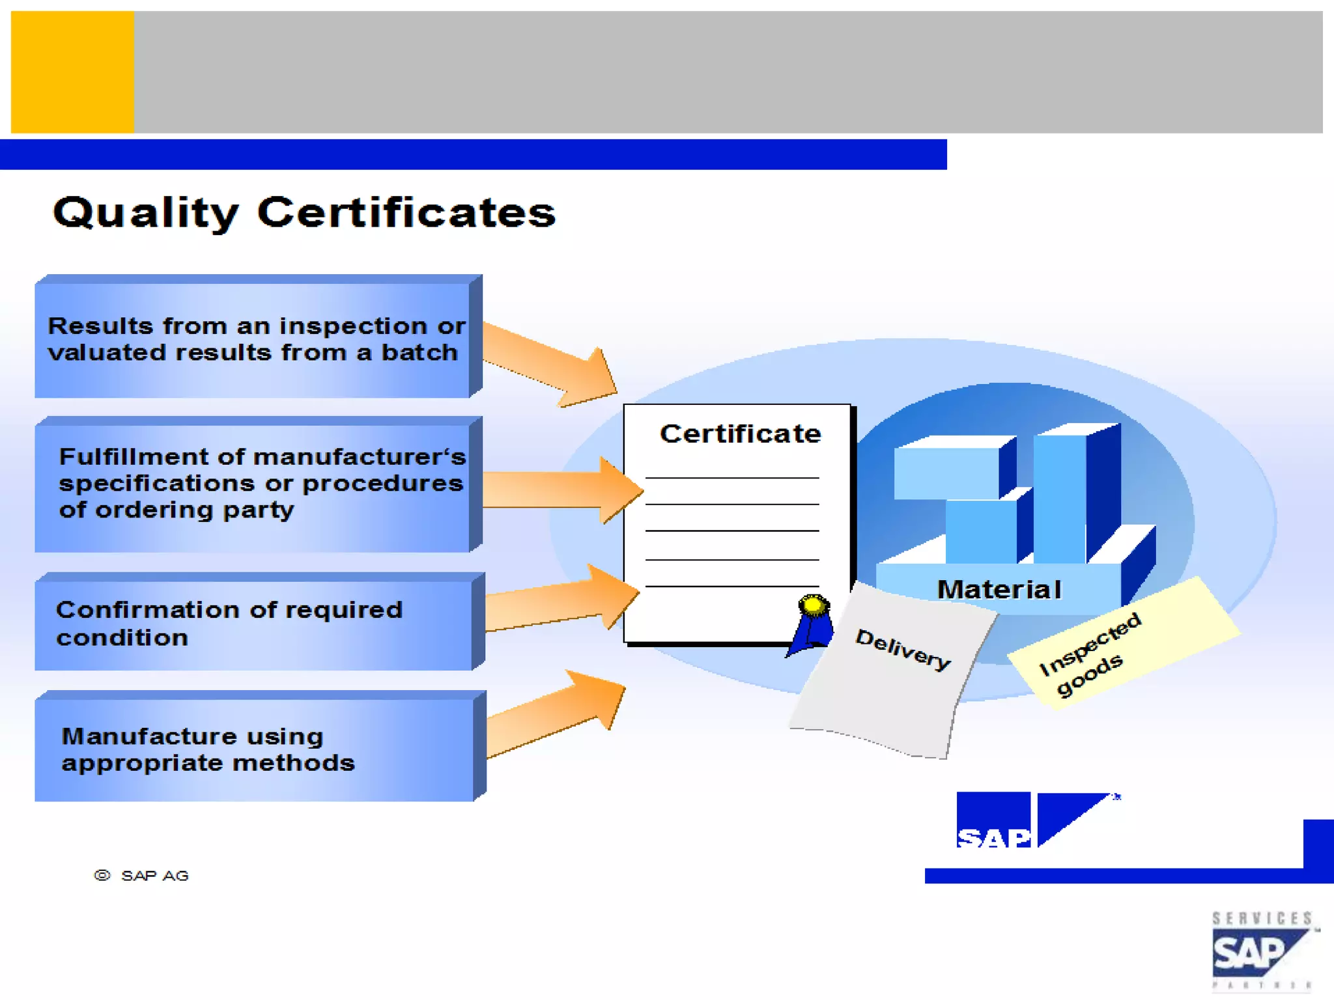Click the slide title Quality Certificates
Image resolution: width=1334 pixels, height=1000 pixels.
pyautogui.click(x=304, y=213)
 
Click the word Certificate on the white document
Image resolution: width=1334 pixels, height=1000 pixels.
pyautogui.click(x=740, y=434)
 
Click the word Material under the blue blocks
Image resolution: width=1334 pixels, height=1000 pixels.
pyautogui.click(x=999, y=590)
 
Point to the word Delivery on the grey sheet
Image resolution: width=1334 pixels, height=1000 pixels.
pyautogui.click(x=903, y=649)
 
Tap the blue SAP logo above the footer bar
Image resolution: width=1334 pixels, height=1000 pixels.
pyautogui.click(x=1036, y=820)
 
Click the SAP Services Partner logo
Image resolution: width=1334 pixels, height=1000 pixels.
pyautogui.click(x=1261, y=951)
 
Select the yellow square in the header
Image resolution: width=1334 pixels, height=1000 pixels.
pyautogui.click(x=72, y=72)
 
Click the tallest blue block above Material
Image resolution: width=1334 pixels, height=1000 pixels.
pyautogui.click(x=1075, y=495)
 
